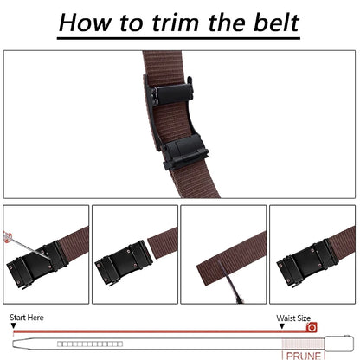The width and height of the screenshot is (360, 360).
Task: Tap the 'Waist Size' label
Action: click(x=292, y=318)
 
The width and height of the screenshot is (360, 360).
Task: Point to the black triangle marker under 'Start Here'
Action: click(x=12, y=326)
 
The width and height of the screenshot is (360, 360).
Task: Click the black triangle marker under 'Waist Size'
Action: click(x=279, y=326)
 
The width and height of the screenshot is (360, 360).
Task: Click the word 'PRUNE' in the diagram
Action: click(x=300, y=354)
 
